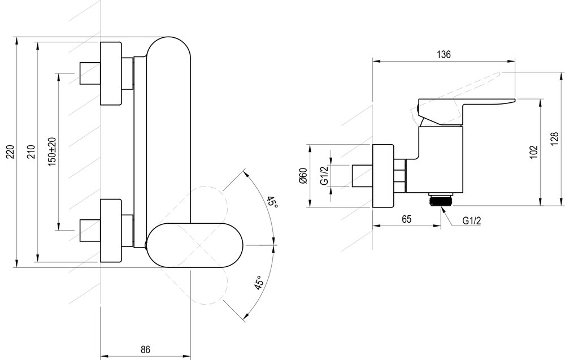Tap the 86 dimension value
145,350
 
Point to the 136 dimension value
444,54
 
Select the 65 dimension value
406,218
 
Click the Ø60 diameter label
303,176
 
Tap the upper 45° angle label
272,203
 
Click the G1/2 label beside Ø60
324,176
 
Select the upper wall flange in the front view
111,73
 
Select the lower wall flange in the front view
111,230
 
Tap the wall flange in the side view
383,176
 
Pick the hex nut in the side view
401,176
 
